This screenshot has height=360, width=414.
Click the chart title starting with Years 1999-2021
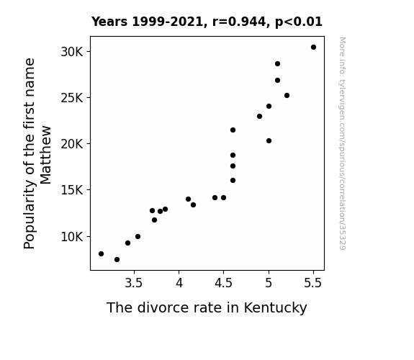click(x=207, y=22)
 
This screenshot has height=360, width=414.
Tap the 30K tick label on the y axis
click(x=72, y=52)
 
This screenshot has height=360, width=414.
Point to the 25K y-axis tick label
click(x=72, y=98)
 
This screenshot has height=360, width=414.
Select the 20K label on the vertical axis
click(x=72, y=144)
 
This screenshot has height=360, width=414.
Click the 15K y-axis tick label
click(x=72, y=190)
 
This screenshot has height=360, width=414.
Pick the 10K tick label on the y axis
click(x=72, y=237)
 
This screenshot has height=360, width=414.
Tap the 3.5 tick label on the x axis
click(x=134, y=283)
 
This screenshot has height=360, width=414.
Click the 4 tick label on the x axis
click(x=179, y=283)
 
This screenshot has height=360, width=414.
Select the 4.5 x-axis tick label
click(x=223, y=283)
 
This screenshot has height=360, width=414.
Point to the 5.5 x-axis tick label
click(x=313, y=283)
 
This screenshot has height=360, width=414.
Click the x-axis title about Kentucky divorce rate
click(x=207, y=308)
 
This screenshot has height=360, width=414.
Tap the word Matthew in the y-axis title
click(x=45, y=155)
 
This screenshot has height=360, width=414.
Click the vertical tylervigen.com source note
click(x=342, y=143)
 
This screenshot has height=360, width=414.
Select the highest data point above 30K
click(x=313, y=48)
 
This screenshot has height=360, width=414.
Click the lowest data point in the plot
click(x=117, y=260)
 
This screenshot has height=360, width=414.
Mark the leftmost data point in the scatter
click(x=101, y=254)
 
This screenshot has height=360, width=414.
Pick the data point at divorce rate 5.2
click(x=287, y=95)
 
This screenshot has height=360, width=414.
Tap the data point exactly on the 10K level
click(x=138, y=236)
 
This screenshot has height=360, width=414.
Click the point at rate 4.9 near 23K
click(x=259, y=116)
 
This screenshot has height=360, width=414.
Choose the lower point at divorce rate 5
click(x=269, y=141)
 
